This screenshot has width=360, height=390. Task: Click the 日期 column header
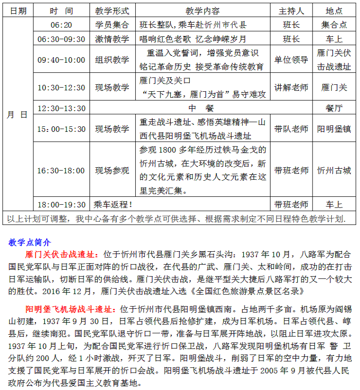coord(18,11)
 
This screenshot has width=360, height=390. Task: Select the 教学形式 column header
coord(112,11)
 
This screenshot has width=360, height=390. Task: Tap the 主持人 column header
coord(291,11)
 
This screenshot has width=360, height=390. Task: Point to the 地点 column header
coord(334,11)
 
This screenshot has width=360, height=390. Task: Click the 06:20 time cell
coord(61,25)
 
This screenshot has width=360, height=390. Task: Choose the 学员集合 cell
coord(112,25)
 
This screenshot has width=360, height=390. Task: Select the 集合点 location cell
coord(334,25)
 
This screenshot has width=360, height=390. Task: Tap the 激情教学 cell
coord(112,39)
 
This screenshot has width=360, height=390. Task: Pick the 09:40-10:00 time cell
coord(61,60)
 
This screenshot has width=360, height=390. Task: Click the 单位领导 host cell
coord(291,60)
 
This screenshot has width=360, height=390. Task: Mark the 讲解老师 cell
coord(291,88)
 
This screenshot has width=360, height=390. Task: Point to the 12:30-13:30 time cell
coord(61,108)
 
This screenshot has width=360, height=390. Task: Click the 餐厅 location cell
coord(334,108)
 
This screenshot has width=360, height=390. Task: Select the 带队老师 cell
coord(291,129)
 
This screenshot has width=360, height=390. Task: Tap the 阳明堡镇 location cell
coord(334,129)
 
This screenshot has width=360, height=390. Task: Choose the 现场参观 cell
coord(112,171)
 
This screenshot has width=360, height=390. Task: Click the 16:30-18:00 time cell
coord(61,171)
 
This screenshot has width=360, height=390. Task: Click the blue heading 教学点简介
coord(30,242)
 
